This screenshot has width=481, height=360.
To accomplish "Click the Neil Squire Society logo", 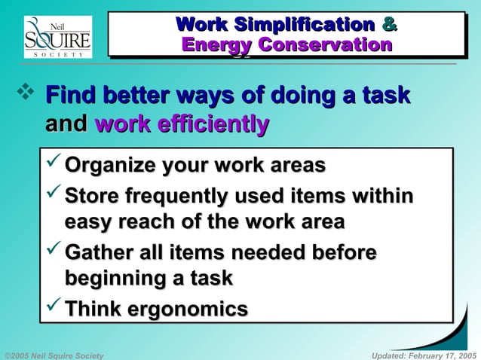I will pyautogui.click(x=57, y=37).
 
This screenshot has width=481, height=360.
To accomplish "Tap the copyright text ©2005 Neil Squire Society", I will pyautogui.click(x=54, y=354).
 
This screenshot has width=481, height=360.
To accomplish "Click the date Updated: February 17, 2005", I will pyautogui.click(x=424, y=354).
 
